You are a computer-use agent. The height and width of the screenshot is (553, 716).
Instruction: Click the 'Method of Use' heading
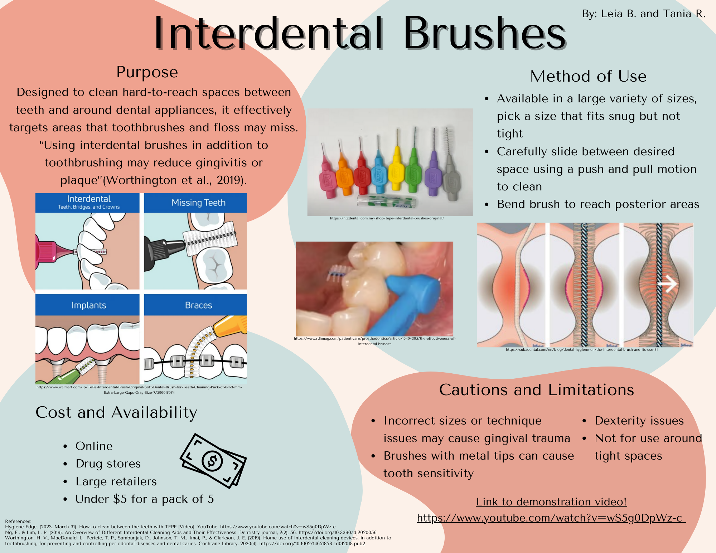coord(588,76)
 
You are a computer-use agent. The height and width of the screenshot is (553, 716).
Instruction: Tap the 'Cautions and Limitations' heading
coord(537,390)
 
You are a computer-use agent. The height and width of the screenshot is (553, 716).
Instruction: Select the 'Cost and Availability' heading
coord(116,413)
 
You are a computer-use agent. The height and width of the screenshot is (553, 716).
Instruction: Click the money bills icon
coord(213,461)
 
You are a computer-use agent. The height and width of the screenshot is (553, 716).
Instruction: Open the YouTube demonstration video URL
coord(551,518)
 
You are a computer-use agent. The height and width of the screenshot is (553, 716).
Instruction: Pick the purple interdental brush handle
coord(434,174)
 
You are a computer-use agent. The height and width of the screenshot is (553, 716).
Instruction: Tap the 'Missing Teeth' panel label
coord(199,203)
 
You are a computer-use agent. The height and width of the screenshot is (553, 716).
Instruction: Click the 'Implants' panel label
coord(89,305)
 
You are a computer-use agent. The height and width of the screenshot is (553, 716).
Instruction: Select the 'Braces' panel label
coord(199,305)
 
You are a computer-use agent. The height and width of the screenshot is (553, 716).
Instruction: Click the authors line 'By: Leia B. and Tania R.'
coord(644,14)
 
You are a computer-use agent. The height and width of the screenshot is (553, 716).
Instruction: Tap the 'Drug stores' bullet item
coord(108,464)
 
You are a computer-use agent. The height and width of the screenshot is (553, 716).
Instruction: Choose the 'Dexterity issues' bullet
coord(639,421)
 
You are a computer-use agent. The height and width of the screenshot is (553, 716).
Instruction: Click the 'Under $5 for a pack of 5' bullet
coord(145,499)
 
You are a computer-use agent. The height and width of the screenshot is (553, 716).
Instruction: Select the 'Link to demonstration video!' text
coord(551,502)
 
